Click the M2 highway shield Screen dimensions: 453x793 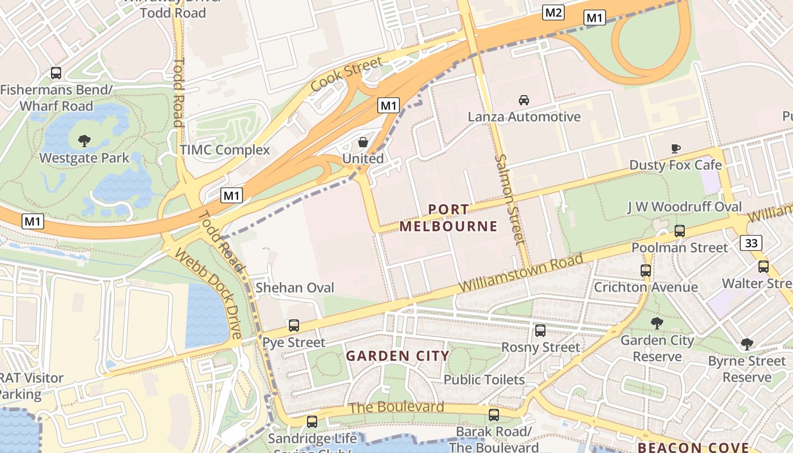click(553, 12)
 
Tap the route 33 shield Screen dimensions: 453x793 click(751, 243)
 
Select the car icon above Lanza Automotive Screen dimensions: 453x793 click(524, 100)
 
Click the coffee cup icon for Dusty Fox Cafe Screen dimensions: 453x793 click(676, 148)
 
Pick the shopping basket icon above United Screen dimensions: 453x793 click(363, 142)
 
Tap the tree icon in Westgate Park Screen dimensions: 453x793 click(84, 140)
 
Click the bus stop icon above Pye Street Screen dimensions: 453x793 click(293, 326)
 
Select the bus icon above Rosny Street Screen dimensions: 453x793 click(540, 330)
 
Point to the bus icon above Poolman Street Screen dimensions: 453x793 click(680, 231)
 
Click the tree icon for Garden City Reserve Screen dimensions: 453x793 click(657, 323)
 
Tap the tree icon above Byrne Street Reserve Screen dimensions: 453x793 click(747, 344)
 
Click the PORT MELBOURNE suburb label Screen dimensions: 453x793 click(448, 218)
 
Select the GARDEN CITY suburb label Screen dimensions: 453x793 click(397, 356)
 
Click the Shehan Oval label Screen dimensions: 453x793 click(295, 288)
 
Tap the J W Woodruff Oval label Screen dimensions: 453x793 click(684, 207)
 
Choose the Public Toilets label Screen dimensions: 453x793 click(484, 379)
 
